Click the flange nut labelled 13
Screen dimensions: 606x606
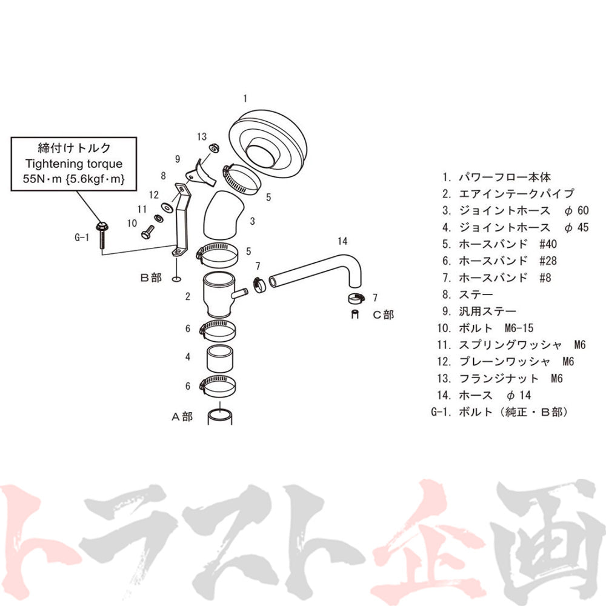(x=214, y=148)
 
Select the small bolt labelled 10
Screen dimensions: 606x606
(x=148, y=232)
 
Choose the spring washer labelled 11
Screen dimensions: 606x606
(x=158, y=218)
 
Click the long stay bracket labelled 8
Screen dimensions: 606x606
(x=181, y=221)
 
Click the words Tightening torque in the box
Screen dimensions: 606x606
(x=74, y=164)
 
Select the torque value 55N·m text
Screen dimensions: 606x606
(x=42, y=179)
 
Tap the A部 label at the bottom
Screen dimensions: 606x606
(x=182, y=417)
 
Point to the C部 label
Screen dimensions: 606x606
(x=384, y=315)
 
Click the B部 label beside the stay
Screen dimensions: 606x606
(x=151, y=278)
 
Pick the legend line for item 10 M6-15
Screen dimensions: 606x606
(x=485, y=328)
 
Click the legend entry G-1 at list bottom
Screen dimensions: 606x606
(x=500, y=412)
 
